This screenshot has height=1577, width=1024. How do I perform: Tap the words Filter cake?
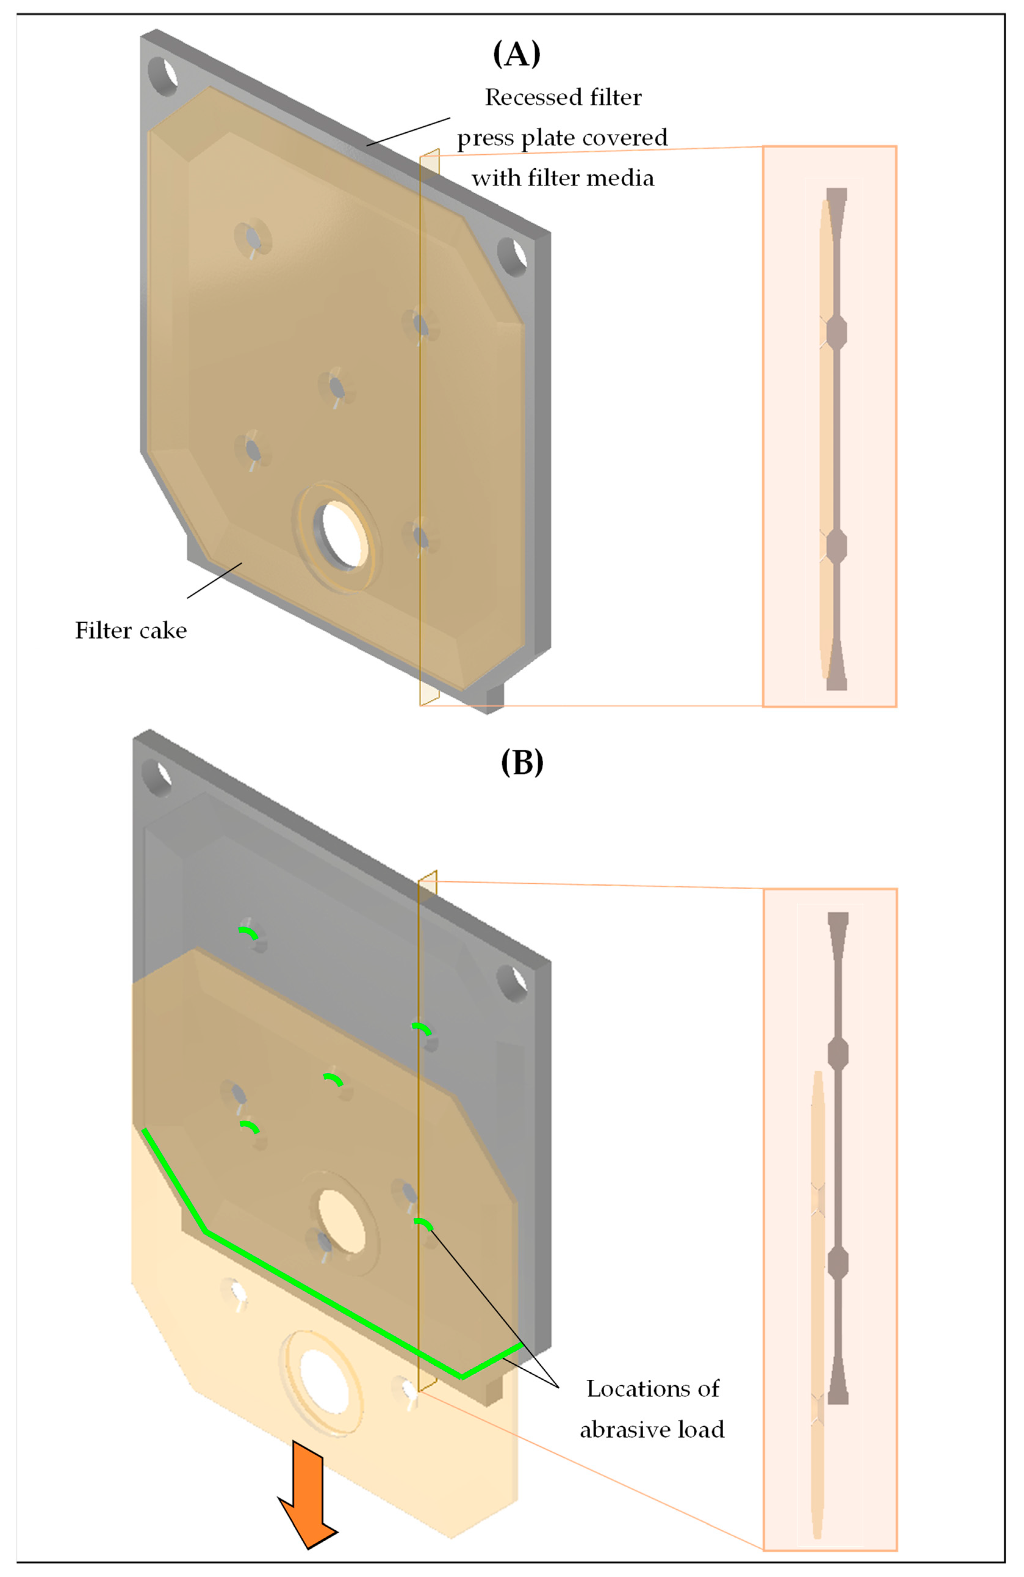pyautogui.click(x=131, y=630)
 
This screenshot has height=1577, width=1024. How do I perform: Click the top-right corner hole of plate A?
pyautogui.click(x=512, y=258)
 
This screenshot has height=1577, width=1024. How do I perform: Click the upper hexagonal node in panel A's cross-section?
pyautogui.click(x=836, y=332)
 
